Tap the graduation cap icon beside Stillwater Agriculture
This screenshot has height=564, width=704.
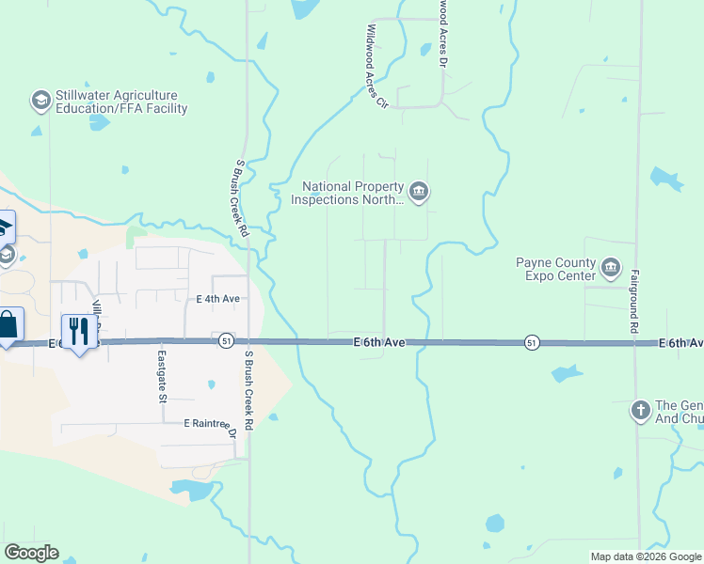(40, 101)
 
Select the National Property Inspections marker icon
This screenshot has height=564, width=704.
(420, 193)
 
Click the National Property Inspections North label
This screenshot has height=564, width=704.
(347, 193)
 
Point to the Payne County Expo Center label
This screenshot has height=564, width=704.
(555, 270)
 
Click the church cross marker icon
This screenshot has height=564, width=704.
(640, 410)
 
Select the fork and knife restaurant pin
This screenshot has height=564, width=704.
(79, 331)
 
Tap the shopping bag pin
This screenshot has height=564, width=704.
(8, 325)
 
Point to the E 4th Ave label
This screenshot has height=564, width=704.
(218, 299)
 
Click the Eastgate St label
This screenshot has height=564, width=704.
(163, 376)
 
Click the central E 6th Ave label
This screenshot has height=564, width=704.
(379, 343)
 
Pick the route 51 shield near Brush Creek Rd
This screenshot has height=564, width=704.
(225, 340)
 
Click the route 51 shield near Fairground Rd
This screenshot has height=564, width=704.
(532, 342)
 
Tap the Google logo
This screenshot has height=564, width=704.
(31, 553)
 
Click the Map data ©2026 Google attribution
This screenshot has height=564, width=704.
(646, 556)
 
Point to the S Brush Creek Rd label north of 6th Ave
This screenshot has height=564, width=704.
(242, 196)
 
